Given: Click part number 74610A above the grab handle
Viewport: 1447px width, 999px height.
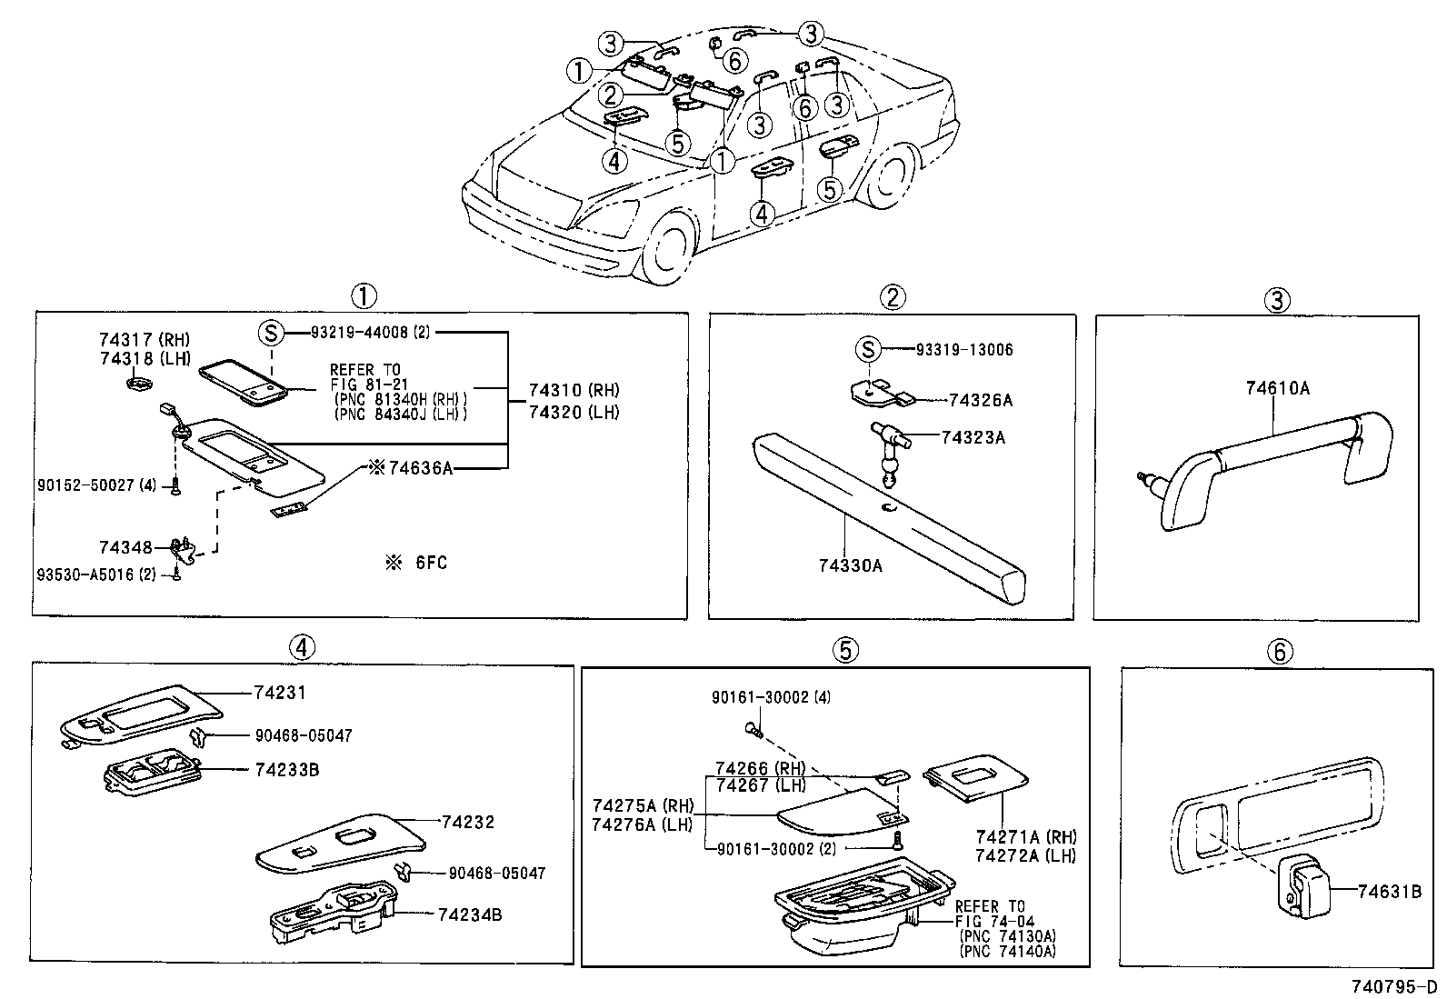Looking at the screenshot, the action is (1277, 388).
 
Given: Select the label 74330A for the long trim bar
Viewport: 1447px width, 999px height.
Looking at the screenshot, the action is (850, 565).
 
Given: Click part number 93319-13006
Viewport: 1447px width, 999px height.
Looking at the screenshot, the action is (964, 350).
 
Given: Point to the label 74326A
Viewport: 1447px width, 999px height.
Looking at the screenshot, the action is (981, 401).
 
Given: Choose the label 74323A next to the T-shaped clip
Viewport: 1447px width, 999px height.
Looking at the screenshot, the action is (973, 437).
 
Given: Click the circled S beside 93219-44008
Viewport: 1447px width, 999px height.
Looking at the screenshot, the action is (271, 334).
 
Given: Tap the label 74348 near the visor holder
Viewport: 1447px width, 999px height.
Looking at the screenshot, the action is (125, 547).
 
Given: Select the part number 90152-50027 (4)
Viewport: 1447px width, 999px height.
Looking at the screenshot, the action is (96, 485).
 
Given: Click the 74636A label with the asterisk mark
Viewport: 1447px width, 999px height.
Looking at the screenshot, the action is (411, 468).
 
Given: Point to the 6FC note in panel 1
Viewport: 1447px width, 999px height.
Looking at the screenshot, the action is (416, 563).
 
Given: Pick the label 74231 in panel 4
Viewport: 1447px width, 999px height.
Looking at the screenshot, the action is (280, 693).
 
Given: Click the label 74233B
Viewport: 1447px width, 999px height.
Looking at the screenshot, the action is (287, 770).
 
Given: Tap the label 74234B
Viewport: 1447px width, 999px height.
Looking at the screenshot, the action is (470, 915).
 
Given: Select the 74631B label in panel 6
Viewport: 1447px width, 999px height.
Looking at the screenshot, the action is (1389, 892).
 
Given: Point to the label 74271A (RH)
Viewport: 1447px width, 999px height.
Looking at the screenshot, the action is (1026, 837).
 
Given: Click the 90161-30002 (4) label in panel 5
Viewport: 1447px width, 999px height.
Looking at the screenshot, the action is (772, 697).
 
